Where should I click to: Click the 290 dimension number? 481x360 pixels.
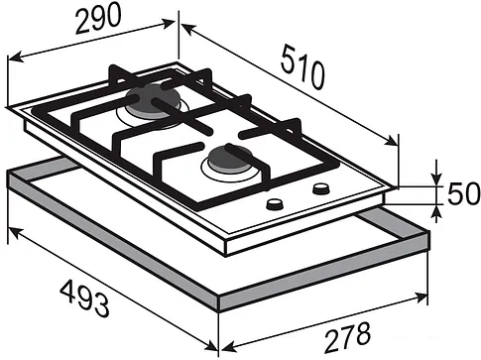(x=98, y=19)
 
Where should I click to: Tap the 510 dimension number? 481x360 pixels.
(x=302, y=67)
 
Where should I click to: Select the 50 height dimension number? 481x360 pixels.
(x=463, y=193)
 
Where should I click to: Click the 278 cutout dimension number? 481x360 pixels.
(x=347, y=337)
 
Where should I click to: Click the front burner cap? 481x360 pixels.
(x=228, y=159)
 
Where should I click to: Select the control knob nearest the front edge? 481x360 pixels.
(x=275, y=204)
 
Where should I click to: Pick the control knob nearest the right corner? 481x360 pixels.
(x=320, y=188)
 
